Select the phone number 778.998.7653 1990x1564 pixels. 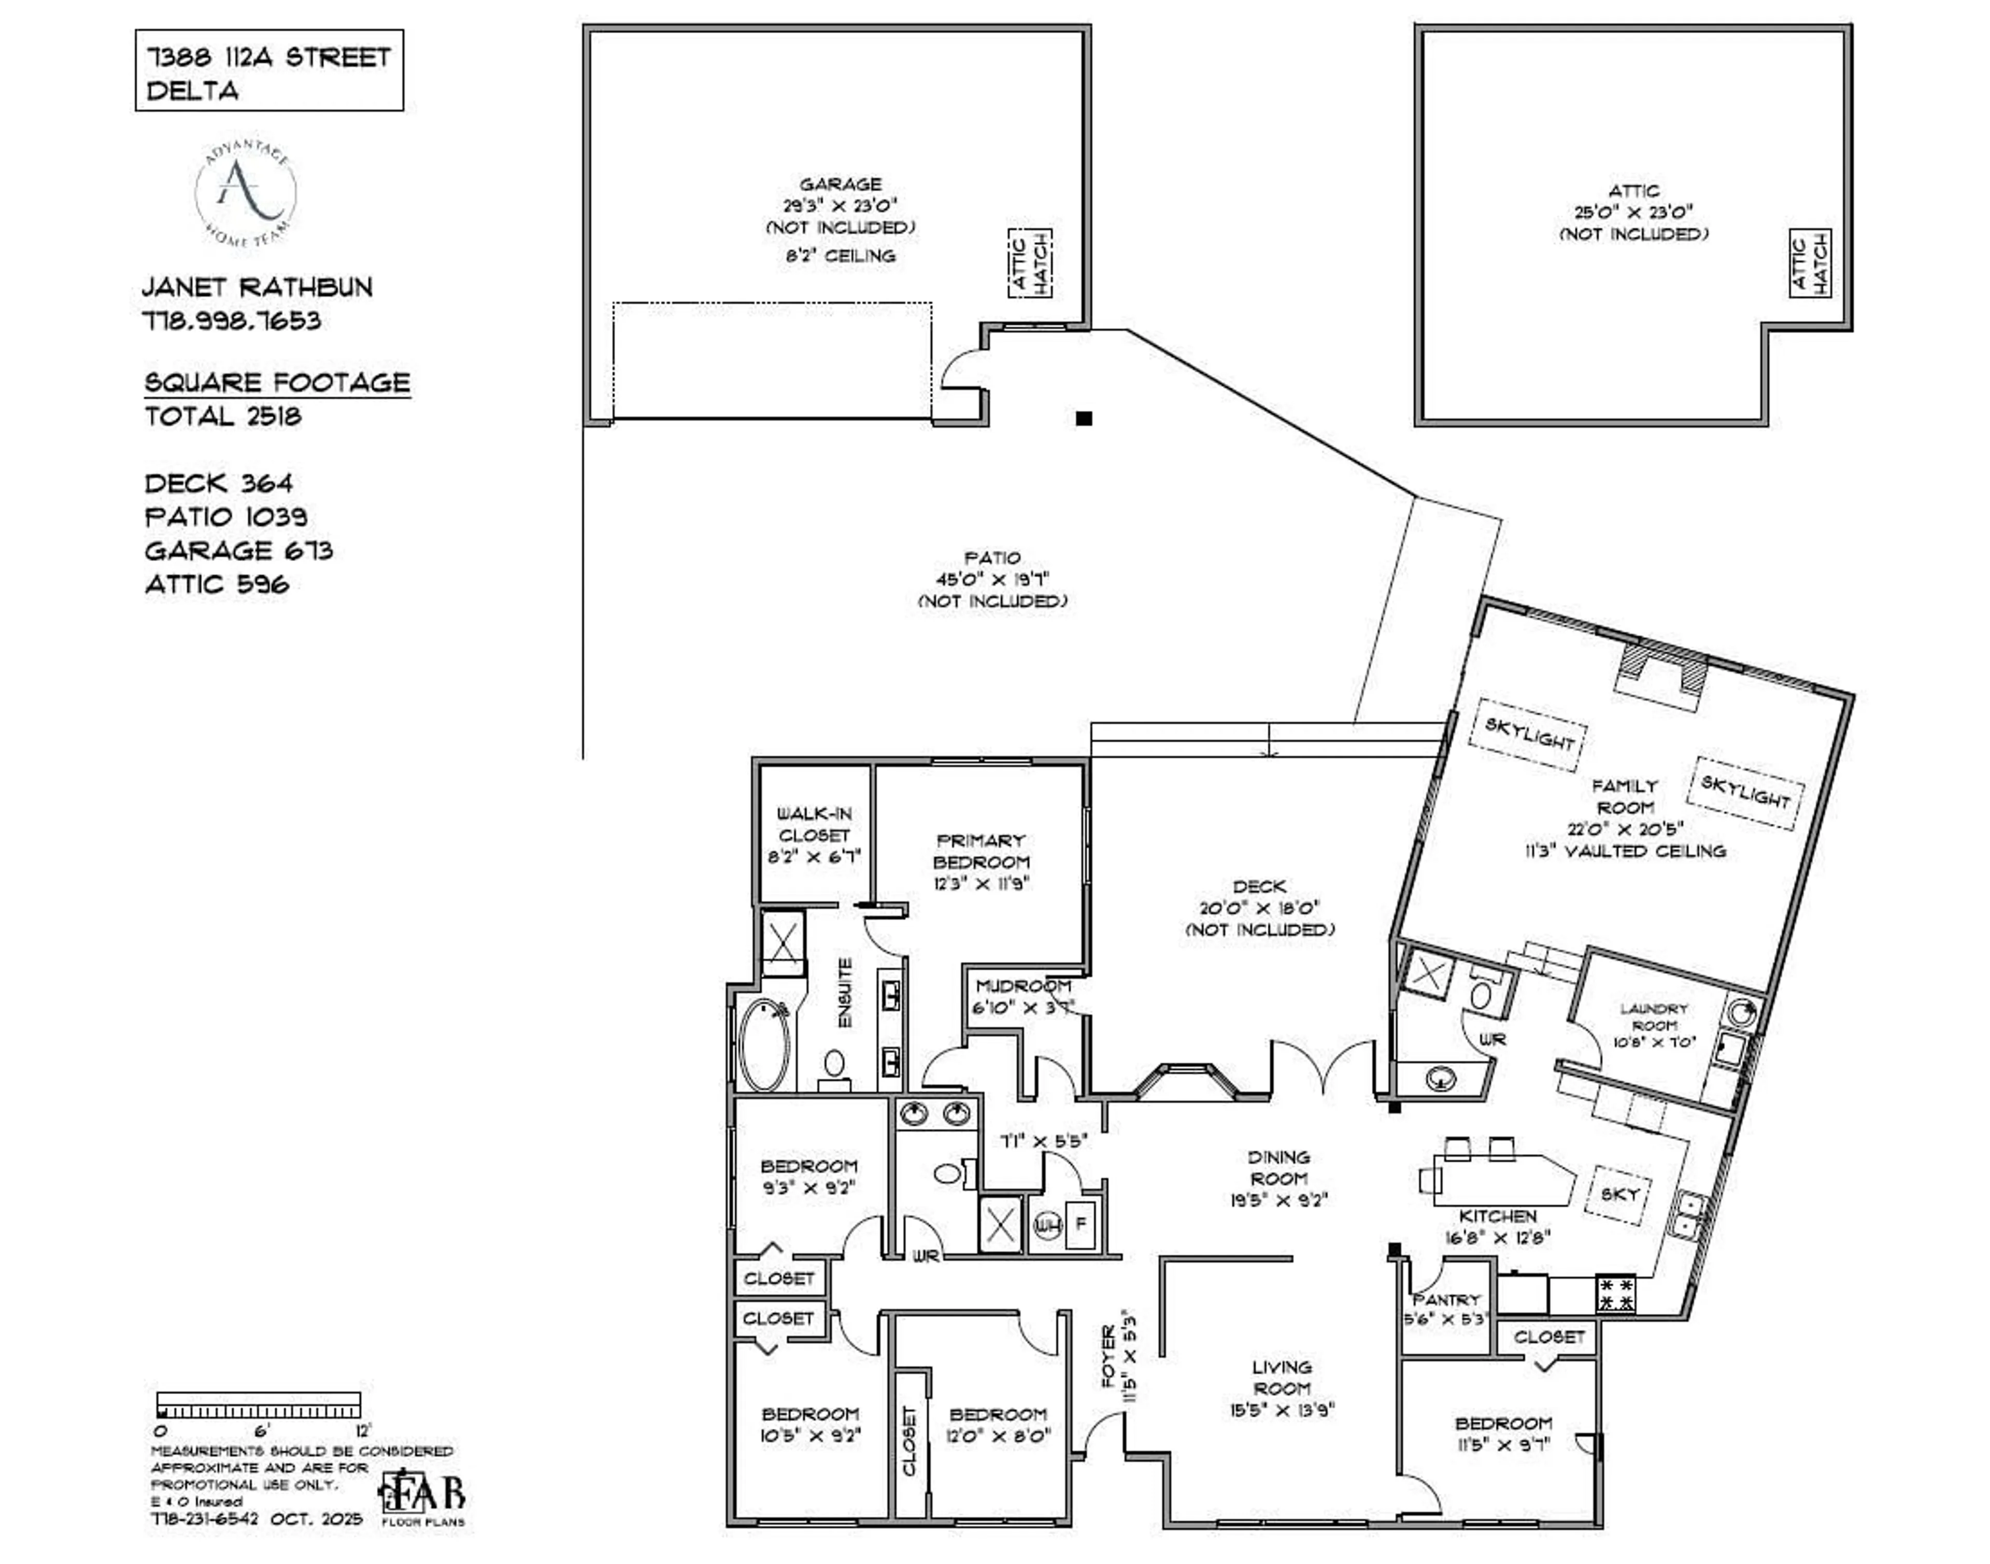[232, 321]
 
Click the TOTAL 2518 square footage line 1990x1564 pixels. [222, 417]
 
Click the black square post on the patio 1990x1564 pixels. [1084, 419]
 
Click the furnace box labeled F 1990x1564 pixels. [1081, 1223]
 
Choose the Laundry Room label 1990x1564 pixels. [1653, 1016]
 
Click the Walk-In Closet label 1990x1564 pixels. [813, 824]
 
